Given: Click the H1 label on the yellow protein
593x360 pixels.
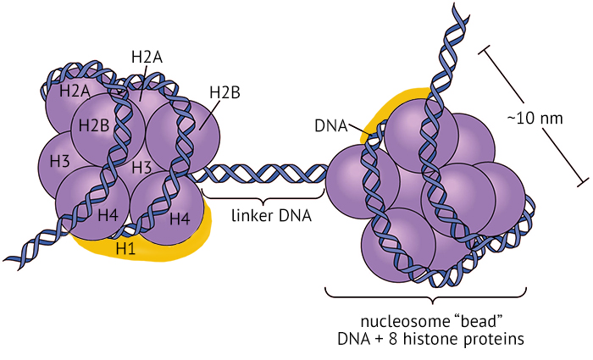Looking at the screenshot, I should coord(125,248).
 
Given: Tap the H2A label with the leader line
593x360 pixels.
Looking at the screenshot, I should coord(147,57).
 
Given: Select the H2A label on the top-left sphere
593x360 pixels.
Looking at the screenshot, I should coord(75,89).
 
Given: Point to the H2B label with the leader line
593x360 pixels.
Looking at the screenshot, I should coord(225,92).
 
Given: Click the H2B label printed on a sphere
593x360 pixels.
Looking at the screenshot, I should coord(93,125).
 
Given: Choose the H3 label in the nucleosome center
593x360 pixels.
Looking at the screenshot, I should coord(141,166).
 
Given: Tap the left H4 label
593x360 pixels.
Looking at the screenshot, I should coord(108,214).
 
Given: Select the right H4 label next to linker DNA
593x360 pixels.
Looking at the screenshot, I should coord(180,219).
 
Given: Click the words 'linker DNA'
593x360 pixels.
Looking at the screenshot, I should coord(271,215).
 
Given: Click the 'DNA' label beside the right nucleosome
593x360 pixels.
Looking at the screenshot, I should coord(331,126).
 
